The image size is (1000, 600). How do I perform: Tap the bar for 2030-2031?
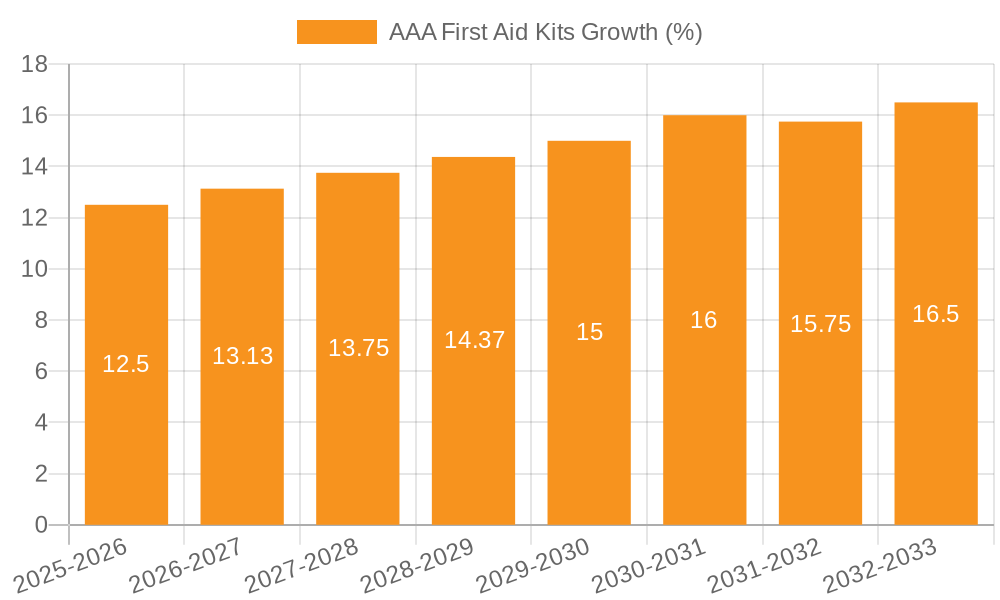(704, 420)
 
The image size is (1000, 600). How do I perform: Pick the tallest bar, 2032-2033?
(936, 420)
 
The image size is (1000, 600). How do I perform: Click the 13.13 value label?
(242, 356)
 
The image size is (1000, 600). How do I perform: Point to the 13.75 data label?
(358, 348)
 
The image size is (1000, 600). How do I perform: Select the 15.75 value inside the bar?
(820, 324)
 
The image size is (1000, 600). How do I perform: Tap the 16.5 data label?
(936, 314)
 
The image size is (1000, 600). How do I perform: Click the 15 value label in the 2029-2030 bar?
(589, 332)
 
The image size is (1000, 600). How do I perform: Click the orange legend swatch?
(337, 32)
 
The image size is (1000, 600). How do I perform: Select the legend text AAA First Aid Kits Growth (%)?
(546, 32)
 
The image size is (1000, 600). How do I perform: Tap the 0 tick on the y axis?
(41, 525)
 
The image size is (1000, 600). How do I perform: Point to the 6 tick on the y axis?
(41, 371)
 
